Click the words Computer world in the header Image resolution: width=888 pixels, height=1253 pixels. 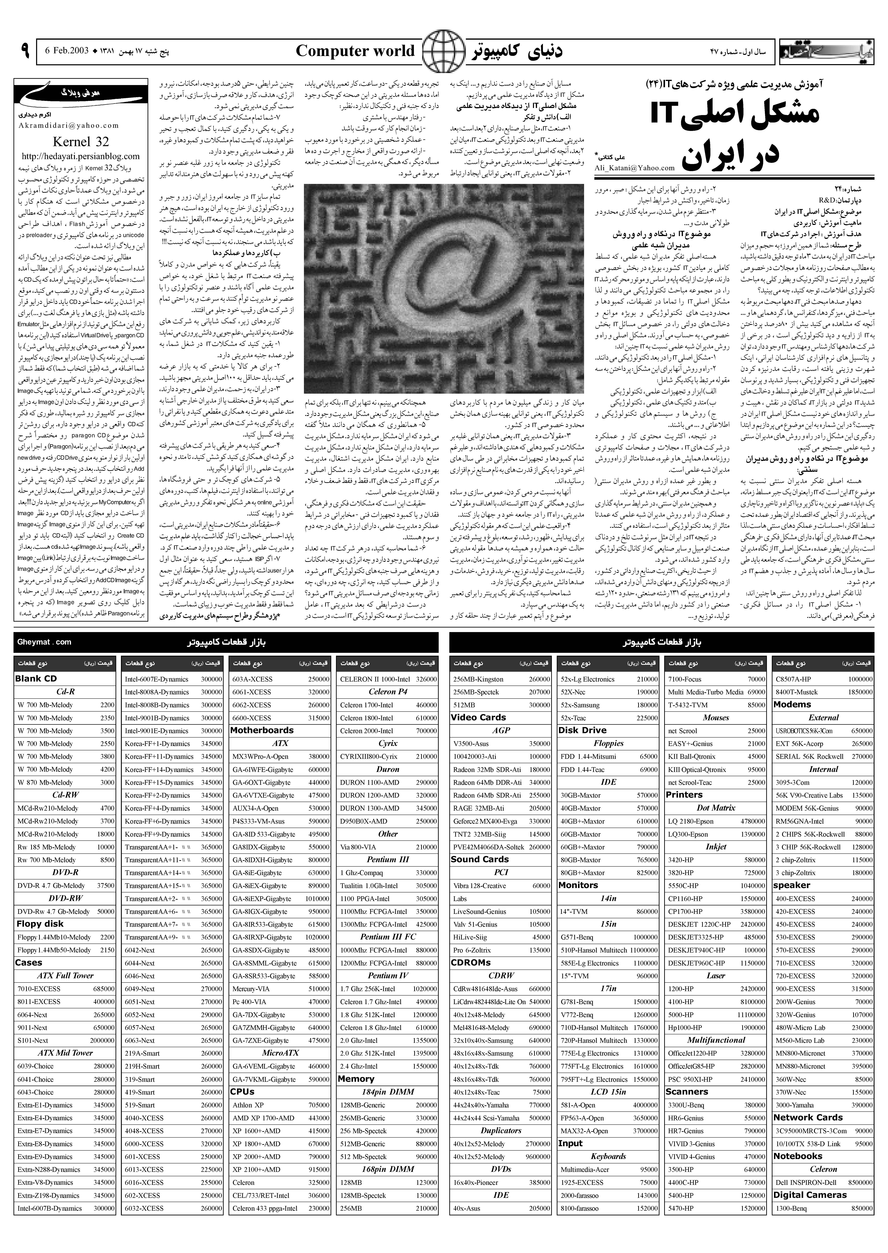click(355, 51)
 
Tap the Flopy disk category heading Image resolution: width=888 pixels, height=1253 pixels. click(40, 924)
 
